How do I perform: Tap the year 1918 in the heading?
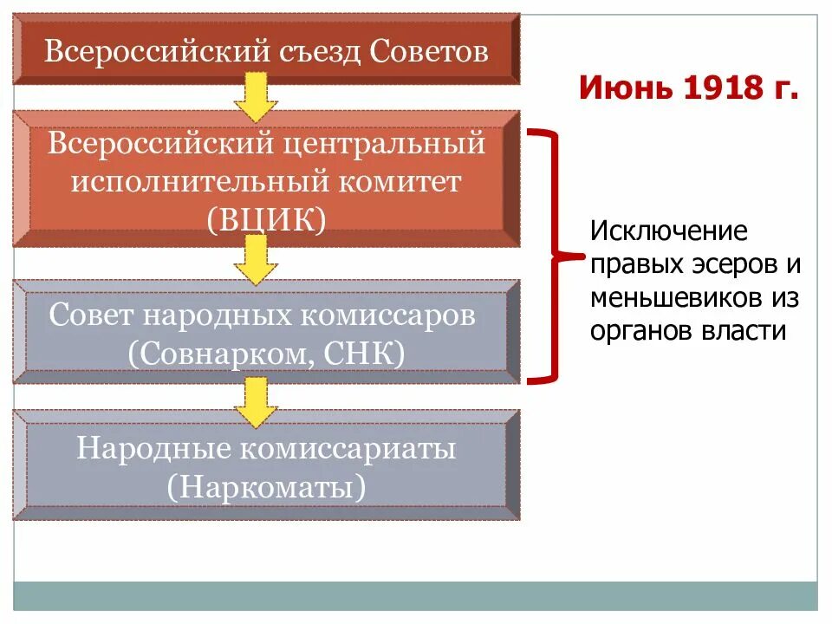click(712, 88)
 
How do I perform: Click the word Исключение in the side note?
click(668, 232)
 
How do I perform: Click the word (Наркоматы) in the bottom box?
click(267, 486)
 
